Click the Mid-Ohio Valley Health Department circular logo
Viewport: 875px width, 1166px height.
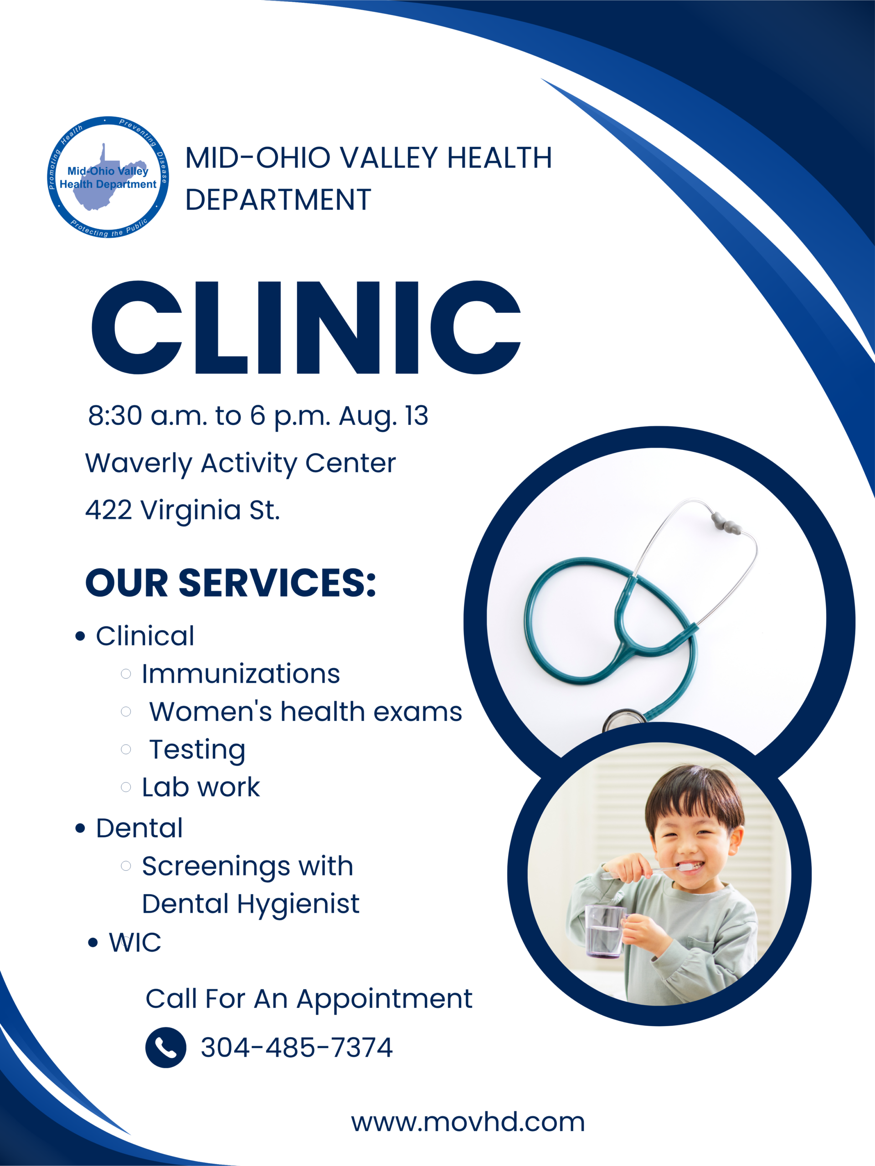(x=108, y=177)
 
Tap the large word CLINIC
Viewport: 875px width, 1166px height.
(x=306, y=327)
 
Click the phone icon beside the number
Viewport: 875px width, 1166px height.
(x=165, y=1048)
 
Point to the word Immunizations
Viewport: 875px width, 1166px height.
(x=241, y=674)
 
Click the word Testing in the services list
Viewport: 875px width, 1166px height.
(x=197, y=750)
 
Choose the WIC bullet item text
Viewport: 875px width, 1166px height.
(x=135, y=942)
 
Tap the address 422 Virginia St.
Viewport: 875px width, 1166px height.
(x=182, y=510)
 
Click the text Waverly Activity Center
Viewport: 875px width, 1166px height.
(x=241, y=464)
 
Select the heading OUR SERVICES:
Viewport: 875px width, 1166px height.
(x=231, y=583)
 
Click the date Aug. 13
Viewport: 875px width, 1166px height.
(x=383, y=416)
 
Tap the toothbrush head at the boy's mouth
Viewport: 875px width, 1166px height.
(x=686, y=866)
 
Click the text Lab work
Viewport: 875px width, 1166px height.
(x=201, y=788)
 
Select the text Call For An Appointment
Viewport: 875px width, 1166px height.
(x=309, y=999)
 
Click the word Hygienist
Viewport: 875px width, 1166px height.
(x=298, y=905)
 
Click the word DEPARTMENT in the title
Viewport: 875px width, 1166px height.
(x=278, y=200)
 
